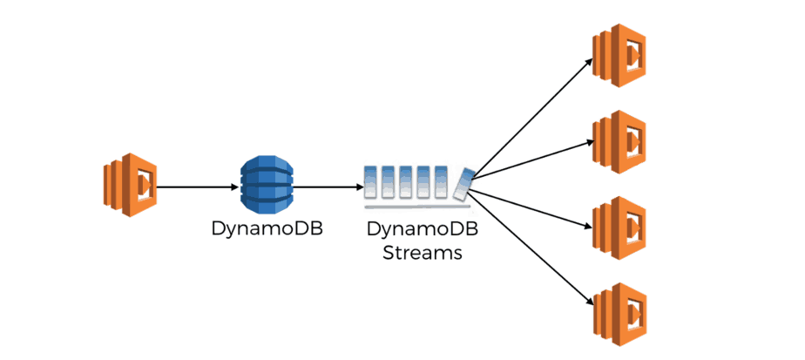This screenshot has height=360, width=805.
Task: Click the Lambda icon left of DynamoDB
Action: [x=128, y=186]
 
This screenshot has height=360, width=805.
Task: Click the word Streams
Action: [x=423, y=254]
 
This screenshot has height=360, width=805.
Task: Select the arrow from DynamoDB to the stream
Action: [x=327, y=187]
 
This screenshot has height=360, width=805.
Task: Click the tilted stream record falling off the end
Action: [x=465, y=184]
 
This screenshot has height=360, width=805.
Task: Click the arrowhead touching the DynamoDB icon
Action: [x=235, y=187]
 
